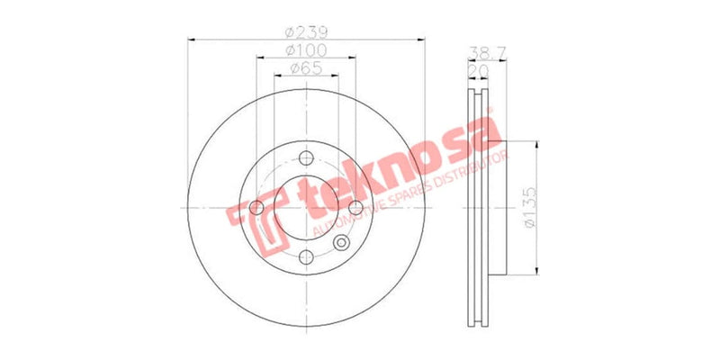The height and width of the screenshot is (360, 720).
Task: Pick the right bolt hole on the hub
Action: [355, 209]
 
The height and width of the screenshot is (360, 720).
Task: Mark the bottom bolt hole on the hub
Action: [305, 259]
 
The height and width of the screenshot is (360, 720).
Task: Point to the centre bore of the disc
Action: [305, 209]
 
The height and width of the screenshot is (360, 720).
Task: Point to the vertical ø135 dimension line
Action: [537, 209]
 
